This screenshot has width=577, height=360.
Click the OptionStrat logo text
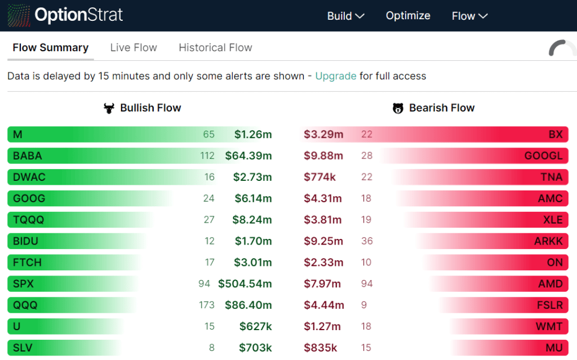pyautogui.click(x=78, y=15)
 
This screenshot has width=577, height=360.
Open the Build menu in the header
pyautogui.click(x=345, y=16)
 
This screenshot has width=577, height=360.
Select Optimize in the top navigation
pyautogui.click(x=408, y=16)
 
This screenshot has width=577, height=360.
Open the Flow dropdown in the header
pyautogui.click(x=469, y=16)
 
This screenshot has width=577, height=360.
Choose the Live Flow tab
pyautogui.click(x=134, y=48)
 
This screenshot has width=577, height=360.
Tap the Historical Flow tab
pyautogui.click(x=215, y=48)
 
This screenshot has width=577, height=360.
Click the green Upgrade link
pyautogui.click(x=335, y=76)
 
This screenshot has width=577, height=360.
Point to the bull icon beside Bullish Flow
pyautogui.click(x=109, y=108)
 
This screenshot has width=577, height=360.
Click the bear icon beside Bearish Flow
pyautogui.click(x=398, y=108)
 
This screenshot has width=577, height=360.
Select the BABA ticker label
pyautogui.click(x=28, y=155)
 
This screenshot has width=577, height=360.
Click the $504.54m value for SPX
pyautogui.click(x=245, y=283)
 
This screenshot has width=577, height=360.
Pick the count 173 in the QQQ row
pyautogui.click(x=206, y=305)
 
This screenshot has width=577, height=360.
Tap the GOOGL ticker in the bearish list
pyautogui.click(x=543, y=155)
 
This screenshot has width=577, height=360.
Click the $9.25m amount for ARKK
pyautogui.click(x=323, y=241)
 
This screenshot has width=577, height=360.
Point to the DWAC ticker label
pyautogui.click(x=29, y=177)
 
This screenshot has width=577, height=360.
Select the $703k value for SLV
pyautogui.click(x=255, y=348)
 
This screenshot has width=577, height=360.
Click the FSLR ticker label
pyautogui.click(x=549, y=305)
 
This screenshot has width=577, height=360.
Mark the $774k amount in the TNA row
pyautogui.click(x=319, y=177)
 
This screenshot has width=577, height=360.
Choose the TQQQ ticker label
pyautogui.click(x=28, y=220)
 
